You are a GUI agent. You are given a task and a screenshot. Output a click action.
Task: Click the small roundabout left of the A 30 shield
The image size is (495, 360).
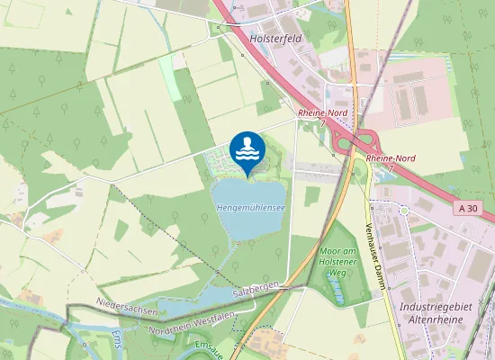405,210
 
